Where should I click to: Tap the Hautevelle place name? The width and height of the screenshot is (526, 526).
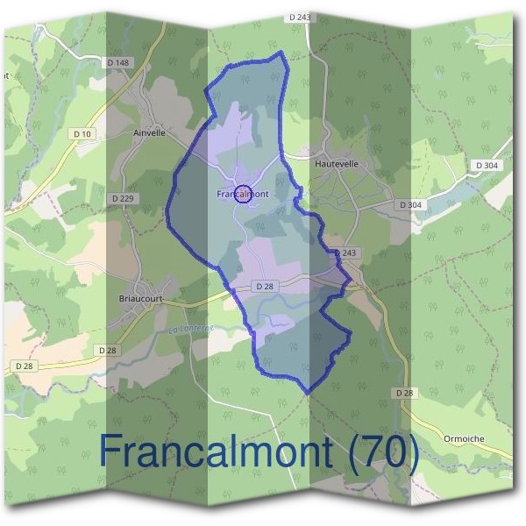337,163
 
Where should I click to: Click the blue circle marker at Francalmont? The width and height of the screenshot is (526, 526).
245,196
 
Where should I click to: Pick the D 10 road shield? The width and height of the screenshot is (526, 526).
82,133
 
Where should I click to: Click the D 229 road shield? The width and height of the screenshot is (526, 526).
124,199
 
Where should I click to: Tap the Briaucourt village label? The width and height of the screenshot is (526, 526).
141,298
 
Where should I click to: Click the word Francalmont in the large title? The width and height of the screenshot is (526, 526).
216,451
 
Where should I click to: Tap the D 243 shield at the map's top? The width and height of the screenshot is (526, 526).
300,18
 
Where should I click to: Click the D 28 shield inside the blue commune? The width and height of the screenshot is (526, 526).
265,287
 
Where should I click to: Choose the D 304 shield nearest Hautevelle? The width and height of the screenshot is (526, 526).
410,205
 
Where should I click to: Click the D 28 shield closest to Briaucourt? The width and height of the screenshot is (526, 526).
107,350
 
